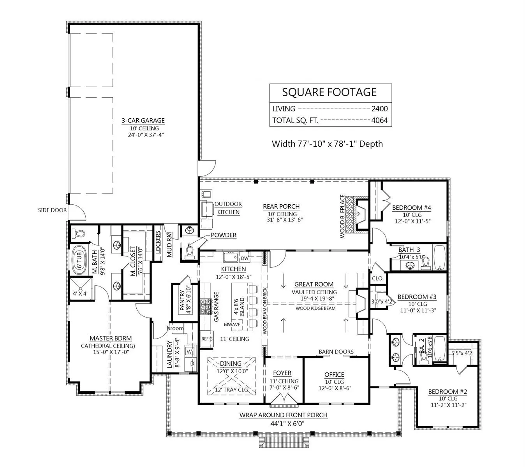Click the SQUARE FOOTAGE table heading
[329, 92]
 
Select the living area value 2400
[379, 109]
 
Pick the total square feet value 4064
[379, 120]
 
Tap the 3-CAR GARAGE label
[143, 121]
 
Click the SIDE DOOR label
[52, 210]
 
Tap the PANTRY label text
[182, 300]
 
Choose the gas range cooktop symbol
[205, 306]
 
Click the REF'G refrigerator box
[206, 339]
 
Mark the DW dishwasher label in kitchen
[244, 258]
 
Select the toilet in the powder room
[190, 251]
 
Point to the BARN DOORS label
[336, 352]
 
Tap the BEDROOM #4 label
[412, 207]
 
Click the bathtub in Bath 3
[439, 257]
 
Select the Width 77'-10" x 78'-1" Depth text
[327, 144]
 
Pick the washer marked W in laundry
[190, 351]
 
